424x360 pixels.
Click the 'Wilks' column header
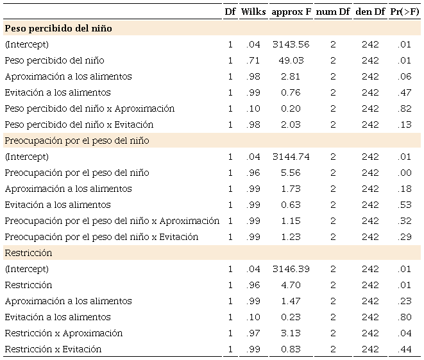pos(253,12)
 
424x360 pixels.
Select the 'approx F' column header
pos(291,12)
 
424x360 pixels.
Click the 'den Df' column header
pos(370,12)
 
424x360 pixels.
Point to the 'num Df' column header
pos(333,12)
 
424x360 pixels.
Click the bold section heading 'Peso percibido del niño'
pos(58,28)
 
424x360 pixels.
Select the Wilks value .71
pos(253,60)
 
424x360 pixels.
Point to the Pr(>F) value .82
pos(404,108)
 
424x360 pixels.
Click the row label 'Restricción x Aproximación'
pos(64,333)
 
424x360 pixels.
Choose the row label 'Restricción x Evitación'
pos(53,349)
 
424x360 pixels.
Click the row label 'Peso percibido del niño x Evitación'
pos(79,124)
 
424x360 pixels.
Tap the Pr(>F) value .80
pos(404,317)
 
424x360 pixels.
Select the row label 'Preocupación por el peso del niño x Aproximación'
pos(112,221)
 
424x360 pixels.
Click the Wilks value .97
pos(253,333)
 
